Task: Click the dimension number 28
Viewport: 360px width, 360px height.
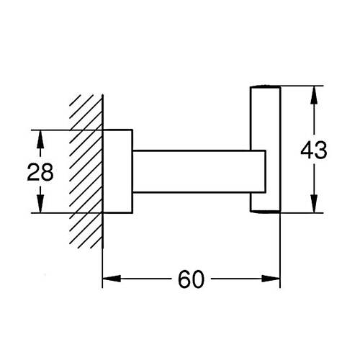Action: coord(40,172)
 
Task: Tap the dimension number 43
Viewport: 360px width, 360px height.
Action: coord(314,150)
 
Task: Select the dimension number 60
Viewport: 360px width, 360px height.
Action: coord(191,279)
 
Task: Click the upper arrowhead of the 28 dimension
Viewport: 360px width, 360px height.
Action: coord(40,139)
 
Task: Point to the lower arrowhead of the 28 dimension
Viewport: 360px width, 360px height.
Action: coord(40,204)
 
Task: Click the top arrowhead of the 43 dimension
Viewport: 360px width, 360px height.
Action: coord(314,95)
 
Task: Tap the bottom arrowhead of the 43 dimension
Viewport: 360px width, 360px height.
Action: coord(314,204)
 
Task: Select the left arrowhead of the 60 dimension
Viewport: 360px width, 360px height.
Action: coord(112,279)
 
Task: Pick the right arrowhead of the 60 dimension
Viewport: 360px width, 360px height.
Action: coord(271,279)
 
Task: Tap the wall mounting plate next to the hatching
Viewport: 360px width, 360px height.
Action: coord(117,171)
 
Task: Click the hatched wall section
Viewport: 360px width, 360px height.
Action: coord(86,171)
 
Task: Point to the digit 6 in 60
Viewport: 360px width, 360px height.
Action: coord(184,279)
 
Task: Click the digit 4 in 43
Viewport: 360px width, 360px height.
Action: coord(307,150)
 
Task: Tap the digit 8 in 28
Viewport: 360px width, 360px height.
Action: coord(47,172)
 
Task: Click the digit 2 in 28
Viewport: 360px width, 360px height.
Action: coord(33,172)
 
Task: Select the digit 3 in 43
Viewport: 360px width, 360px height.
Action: coord(321,150)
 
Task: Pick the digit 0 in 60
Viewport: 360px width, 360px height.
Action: coord(198,279)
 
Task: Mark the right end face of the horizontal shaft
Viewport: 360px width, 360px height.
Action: coord(266,171)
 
